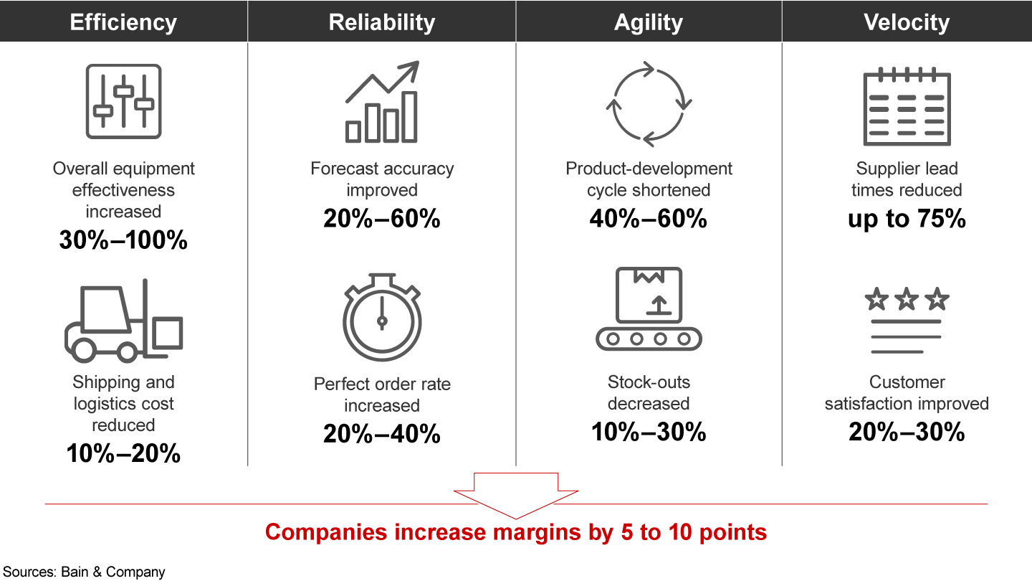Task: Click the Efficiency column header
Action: point(123,22)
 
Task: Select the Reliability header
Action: point(381,22)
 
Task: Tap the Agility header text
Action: point(649,22)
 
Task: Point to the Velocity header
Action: point(907,22)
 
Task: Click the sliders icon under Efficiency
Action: point(123,101)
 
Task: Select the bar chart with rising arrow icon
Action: point(382,103)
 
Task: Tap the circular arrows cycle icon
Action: point(649,103)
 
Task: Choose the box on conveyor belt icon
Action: point(649,309)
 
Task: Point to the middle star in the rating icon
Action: point(907,298)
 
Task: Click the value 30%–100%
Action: point(123,240)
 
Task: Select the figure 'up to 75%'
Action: point(907,219)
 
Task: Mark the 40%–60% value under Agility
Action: point(649,219)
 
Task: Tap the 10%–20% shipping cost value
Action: point(123,453)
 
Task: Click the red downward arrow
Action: point(516,495)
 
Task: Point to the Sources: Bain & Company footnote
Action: point(83,572)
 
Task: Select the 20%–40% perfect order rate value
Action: point(381,433)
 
